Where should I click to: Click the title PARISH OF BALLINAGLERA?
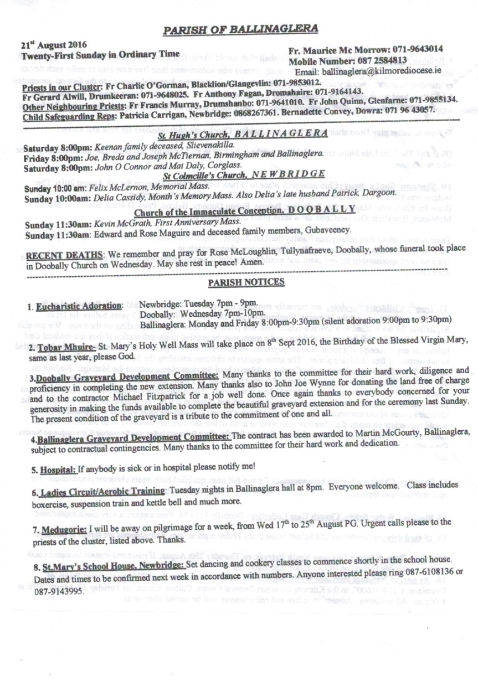[x=240, y=29]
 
